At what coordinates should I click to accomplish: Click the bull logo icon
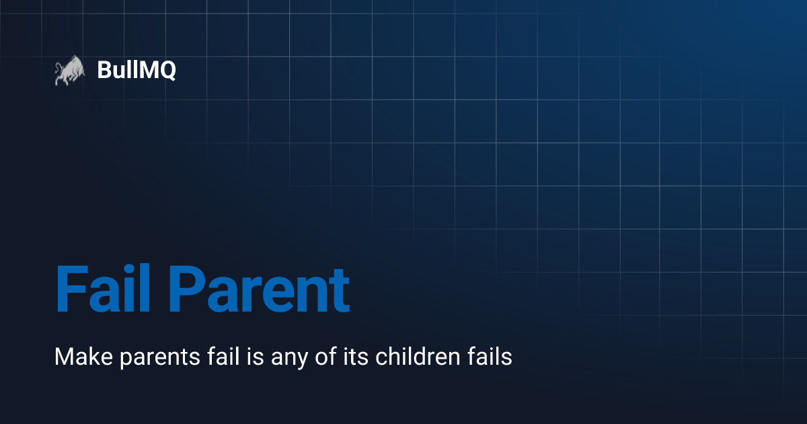pos(67,71)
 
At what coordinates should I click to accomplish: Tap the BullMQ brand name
pos(137,70)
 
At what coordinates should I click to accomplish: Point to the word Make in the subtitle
pos(75,357)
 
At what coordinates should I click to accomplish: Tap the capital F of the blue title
pos(70,289)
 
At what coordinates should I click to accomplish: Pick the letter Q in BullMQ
pos(166,71)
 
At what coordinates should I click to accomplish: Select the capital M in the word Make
pos(64,357)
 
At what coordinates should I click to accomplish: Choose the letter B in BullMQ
pos(104,70)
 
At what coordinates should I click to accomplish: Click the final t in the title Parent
pos(340,291)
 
